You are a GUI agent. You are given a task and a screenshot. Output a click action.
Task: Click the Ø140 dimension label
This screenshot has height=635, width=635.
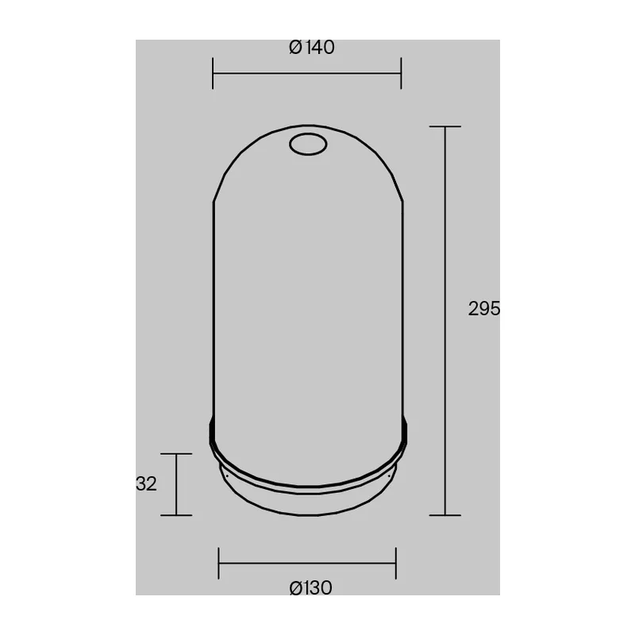coord(311,48)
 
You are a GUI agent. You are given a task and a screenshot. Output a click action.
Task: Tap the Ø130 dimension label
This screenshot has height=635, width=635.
coord(310,587)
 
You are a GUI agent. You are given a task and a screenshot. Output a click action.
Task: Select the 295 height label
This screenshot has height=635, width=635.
coord(484,309)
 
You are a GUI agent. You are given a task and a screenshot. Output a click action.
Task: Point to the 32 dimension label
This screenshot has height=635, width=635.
coord(146,483)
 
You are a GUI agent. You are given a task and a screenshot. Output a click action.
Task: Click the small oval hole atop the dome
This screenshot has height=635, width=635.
coord(308,144)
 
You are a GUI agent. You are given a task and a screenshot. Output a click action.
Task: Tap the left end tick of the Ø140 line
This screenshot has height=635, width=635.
coord(213,73)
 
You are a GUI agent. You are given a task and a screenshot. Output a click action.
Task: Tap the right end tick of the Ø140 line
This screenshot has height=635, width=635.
coord(401,73)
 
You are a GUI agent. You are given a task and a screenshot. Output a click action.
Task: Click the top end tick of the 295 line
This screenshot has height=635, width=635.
coord(445,126)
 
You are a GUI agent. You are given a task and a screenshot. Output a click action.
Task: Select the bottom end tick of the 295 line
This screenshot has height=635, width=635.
coord(445,515)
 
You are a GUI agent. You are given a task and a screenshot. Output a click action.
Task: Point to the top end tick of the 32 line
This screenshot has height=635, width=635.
coord(176,454)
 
